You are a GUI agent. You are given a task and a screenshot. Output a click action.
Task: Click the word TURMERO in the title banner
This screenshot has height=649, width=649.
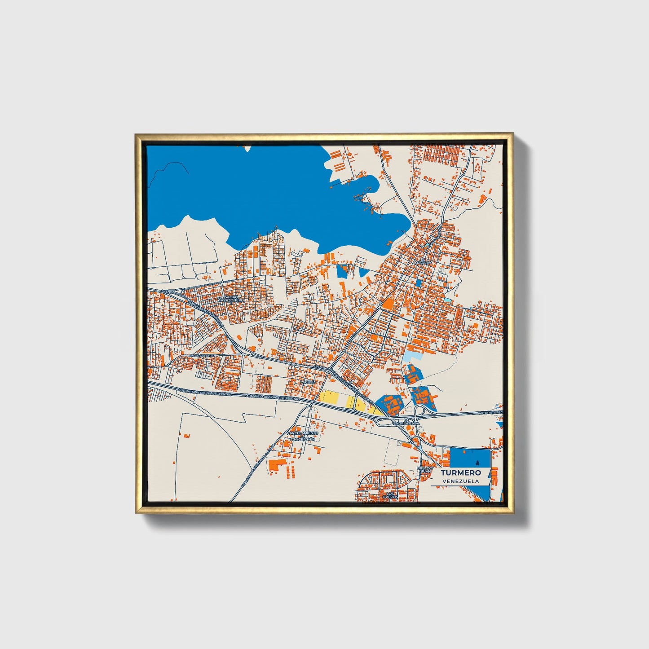[460, 472]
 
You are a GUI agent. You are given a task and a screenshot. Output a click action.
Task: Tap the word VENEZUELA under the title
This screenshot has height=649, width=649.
[460, 481]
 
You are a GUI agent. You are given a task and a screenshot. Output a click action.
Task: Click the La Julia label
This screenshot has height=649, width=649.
[309, 382]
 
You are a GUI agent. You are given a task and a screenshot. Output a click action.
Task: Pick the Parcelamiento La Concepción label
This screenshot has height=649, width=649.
[303, 436]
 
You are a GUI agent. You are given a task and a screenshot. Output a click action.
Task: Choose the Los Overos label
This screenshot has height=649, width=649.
[389, 495]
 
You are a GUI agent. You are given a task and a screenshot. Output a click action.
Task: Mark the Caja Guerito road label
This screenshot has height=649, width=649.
[203, 356]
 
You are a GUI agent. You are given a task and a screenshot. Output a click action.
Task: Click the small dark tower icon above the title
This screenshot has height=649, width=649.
[477, 463]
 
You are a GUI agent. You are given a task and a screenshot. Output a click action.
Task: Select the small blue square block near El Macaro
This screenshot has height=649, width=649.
[419, 283]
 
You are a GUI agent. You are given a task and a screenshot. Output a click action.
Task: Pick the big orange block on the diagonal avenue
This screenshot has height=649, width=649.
[388, 304]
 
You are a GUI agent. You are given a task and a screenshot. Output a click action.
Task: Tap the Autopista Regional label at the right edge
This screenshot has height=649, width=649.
[490, 412]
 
